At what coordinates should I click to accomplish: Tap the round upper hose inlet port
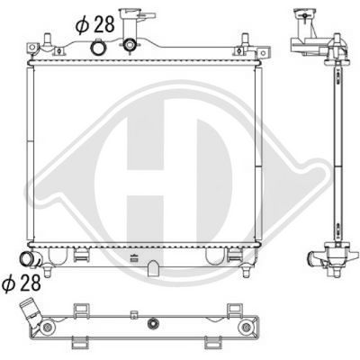[132, 46]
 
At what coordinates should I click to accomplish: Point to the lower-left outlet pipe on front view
[34, 262]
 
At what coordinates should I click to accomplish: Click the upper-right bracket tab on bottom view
[214, 309]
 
